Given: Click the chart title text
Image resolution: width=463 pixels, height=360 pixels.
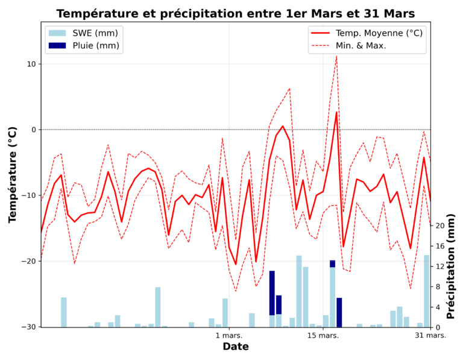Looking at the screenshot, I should (x=236, y=13).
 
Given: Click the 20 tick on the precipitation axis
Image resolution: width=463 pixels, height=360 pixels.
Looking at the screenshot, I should (x=440, y=226).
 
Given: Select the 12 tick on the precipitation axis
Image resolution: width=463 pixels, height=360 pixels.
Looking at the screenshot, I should (x=440, y=266).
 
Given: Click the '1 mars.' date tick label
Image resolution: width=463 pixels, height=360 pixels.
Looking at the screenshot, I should (x=229, y=335).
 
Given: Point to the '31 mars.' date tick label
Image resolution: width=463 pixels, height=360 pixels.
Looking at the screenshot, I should (x=430, y=335).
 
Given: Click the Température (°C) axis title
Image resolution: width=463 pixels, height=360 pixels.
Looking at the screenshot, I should (x=13, y=174).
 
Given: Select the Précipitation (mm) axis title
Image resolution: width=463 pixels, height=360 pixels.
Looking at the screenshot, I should (x=452, y=266).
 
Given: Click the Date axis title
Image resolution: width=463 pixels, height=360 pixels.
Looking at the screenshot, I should (x=235, y=347).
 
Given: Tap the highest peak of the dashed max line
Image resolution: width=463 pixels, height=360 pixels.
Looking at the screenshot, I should (x=336, y=56).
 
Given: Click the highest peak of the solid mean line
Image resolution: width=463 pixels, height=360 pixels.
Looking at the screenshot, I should (x=336, y=112).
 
